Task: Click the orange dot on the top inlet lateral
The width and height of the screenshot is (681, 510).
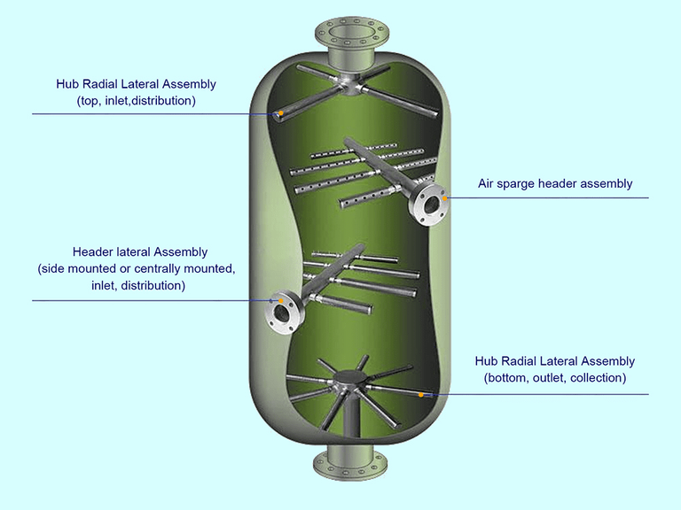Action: pyautogui.click(x=280, y=113)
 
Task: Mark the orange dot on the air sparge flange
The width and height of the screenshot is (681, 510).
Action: pyautogui.click(x=445, y=198)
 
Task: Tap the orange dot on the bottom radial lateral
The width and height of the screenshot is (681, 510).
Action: pyautogui.click(x=420, y=394)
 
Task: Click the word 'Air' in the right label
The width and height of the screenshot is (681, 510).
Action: pyautogui.click(x=489, y=184)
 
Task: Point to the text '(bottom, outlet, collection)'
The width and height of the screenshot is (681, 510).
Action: pyautogui.click(x=555, y=378)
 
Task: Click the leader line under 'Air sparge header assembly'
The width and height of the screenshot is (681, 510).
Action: pyautogui.click(x=550, y=198)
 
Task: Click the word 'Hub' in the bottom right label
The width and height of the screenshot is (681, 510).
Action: pyautogui.click(x=487, y=361)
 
